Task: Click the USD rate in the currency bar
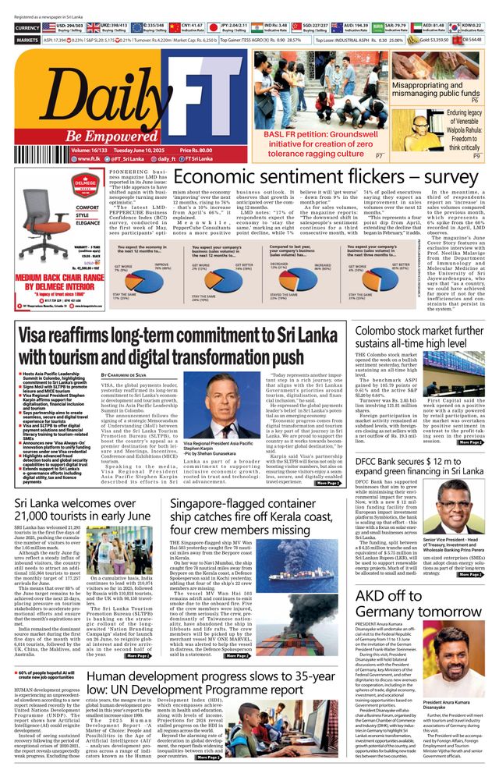coord(73,26)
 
